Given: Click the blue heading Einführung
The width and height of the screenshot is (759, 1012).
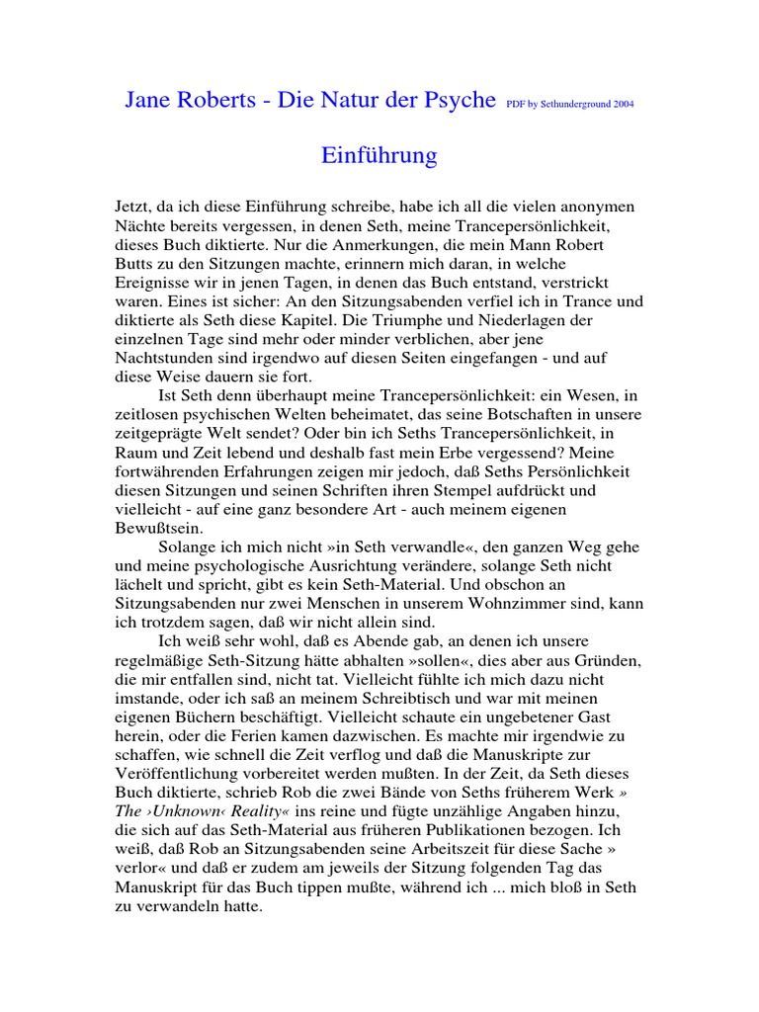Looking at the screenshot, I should (x=379, y=155).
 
